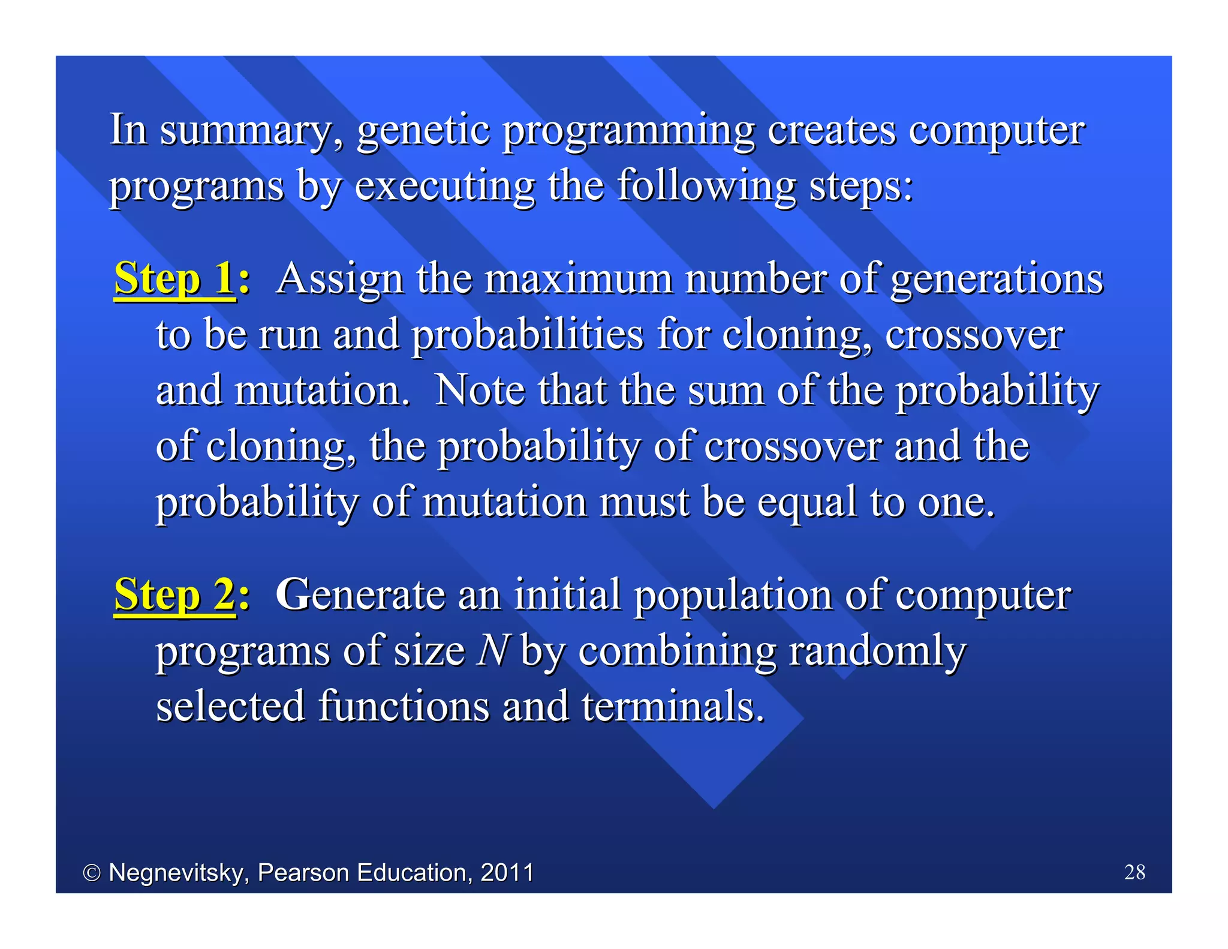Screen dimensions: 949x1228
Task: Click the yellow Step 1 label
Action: click(174, 279)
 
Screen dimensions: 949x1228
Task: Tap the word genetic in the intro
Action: click(423, 131)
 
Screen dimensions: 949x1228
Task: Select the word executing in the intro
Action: click(444, 187)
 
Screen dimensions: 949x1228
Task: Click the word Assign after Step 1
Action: click(340, 280)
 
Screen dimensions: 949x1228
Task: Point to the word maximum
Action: click(578, 280)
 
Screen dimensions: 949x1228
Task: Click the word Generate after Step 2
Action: click(359, 595)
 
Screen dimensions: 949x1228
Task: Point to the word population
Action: click(733, 596)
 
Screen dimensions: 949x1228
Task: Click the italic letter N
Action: click(493, 651)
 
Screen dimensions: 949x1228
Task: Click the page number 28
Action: click(1134, 872)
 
